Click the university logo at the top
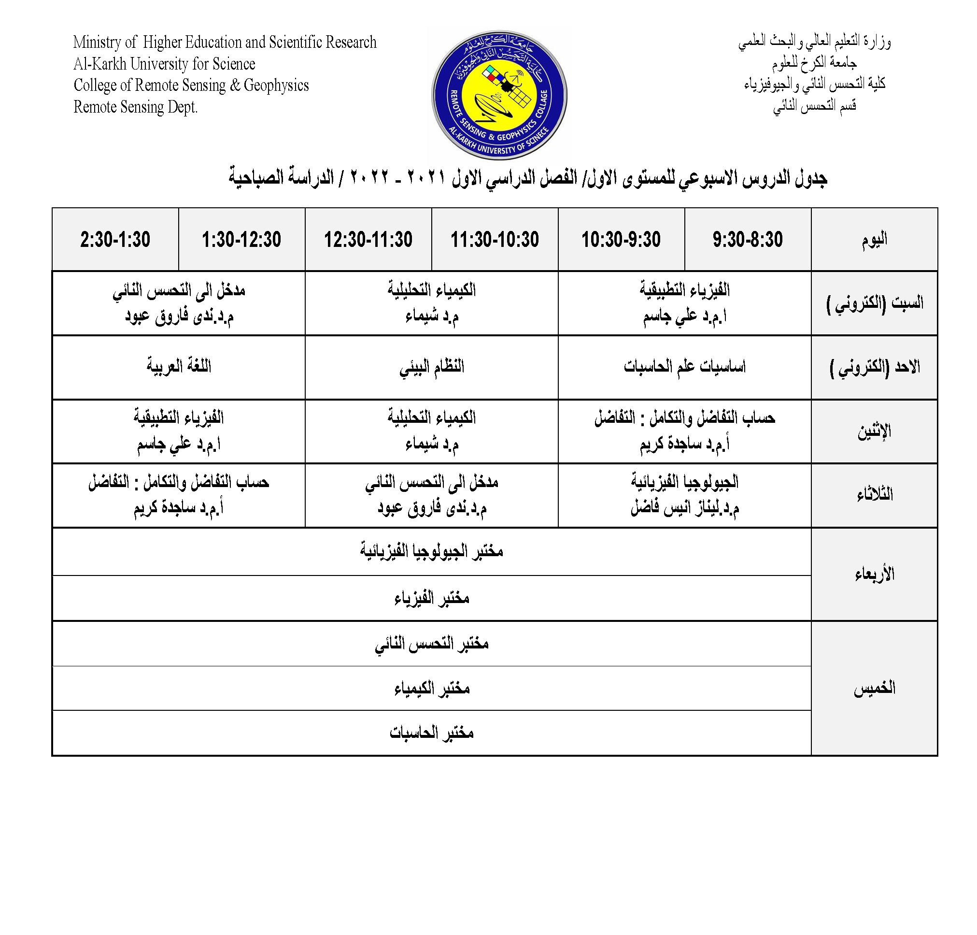pos(499,95)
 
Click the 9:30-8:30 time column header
pos(747,239)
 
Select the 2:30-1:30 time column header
pos(115,239)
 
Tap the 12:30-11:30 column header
pos(368,239)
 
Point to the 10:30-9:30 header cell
pos(621,239)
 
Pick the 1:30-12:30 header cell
pos(241,239)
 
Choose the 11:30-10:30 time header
pos(495,239)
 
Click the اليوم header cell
pos(874,239)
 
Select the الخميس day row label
pos(874,688)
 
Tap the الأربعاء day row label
pos(874,574)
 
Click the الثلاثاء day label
pos(874,495)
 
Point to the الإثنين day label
pos(874,431)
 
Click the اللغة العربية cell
pos(179,367)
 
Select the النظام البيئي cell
pos(431,367)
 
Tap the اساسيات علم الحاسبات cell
pos(684,367)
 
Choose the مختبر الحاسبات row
pos(431,733)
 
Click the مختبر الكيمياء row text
pos(431,688)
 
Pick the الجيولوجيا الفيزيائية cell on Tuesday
pos(684,495)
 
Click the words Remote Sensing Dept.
pos(136,107)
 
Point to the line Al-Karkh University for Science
pos(164,64)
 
